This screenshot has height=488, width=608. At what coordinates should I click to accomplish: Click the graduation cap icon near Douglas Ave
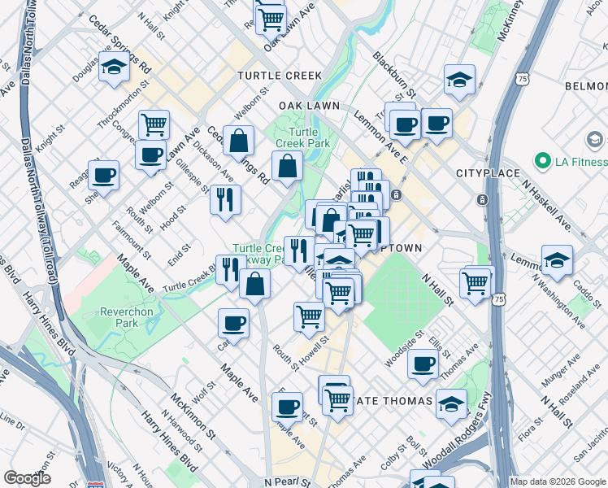115,68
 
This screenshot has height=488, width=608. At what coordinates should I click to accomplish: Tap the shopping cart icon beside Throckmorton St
154,124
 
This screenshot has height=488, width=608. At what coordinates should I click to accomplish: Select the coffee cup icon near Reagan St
104,174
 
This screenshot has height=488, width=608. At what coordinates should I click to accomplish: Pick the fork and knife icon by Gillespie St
225,199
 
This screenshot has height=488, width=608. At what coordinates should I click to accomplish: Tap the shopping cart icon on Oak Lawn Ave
271,18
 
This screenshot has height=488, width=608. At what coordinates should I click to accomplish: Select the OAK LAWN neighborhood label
308,107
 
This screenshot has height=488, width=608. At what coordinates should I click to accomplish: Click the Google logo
27,477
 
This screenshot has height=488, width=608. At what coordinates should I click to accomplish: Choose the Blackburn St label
394,73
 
